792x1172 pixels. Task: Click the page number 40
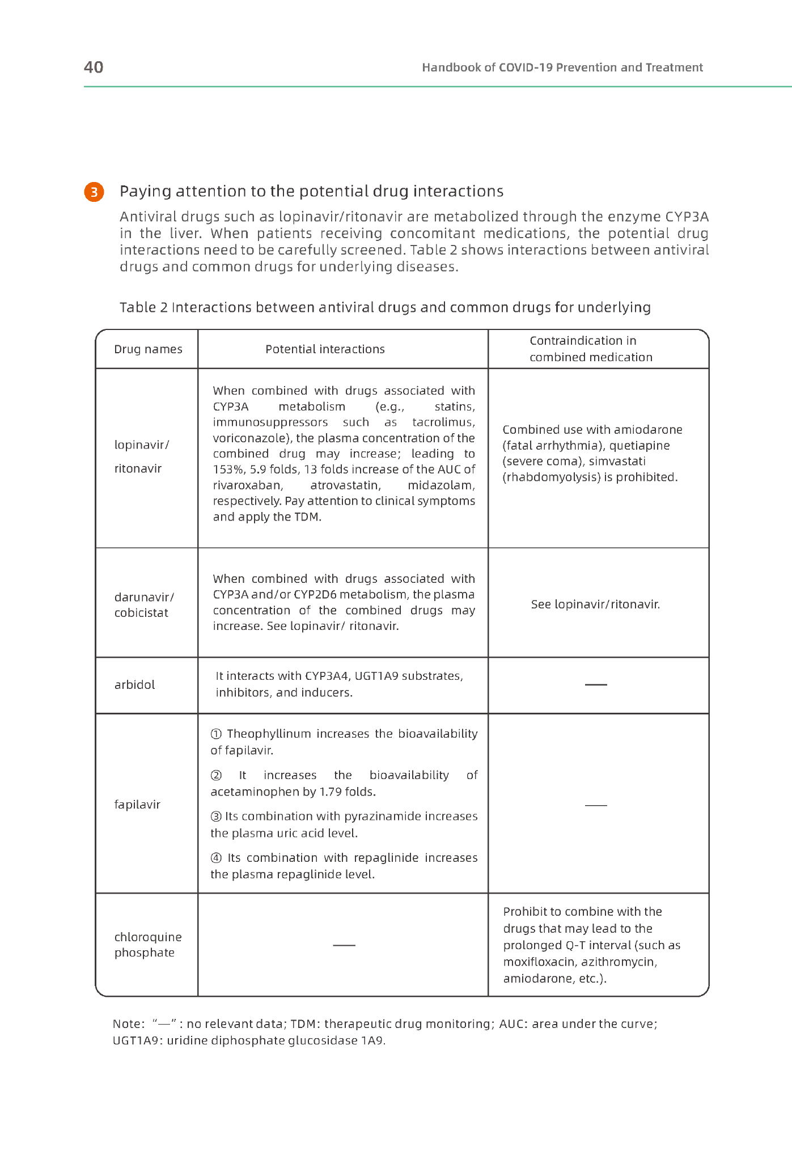pos(94,67)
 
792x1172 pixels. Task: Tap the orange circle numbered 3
pos(94,192)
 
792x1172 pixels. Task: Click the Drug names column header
pos(148,349)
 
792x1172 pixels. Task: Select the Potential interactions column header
pos(325,349)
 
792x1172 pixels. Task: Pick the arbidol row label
pos(134,685)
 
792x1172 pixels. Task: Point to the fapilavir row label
pos(137,805)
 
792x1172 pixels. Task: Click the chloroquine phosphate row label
pos(147,945)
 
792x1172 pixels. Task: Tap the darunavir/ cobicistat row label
pos(144,605)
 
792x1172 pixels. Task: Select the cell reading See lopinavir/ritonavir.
pos(595,604)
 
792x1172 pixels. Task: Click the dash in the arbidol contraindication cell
pos(596,685)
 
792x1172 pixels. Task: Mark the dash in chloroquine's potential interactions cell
pos(344,945)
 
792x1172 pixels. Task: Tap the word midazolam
pos(441,485)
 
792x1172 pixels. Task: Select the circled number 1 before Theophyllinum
pos(216,734)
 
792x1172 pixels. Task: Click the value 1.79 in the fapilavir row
pos(331,792)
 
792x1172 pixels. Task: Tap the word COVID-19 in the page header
pos(526,67)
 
